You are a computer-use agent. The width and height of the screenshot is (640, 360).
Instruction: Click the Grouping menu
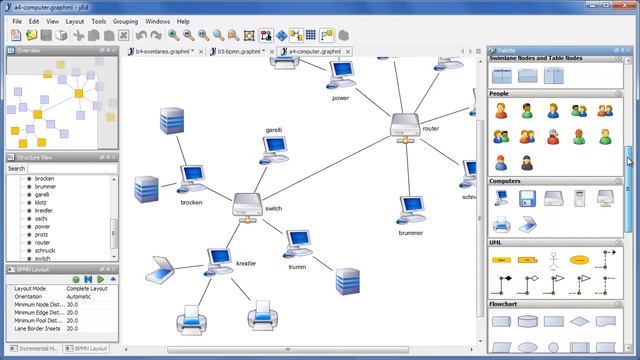click(125, 20)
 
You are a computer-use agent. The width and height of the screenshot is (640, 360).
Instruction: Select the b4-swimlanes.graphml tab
click(164, 50)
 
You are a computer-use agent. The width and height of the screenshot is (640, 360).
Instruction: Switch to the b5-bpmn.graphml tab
click(240, 50)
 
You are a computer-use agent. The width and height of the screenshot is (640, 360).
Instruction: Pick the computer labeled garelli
click(274, 149)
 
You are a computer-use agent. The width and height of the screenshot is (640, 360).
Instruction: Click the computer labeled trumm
click(297, 243)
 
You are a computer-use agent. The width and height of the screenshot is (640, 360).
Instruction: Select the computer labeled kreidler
click(219, 258)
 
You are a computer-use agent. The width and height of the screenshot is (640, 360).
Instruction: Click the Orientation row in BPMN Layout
click(34, 296)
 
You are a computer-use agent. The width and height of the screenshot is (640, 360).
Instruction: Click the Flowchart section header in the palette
click(504, 303)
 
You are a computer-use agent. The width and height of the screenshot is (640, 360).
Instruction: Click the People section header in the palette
click(500, 93)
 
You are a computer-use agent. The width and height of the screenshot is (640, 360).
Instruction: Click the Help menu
click(183, 20)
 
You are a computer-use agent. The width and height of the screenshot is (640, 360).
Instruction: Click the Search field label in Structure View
click(17, 168)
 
